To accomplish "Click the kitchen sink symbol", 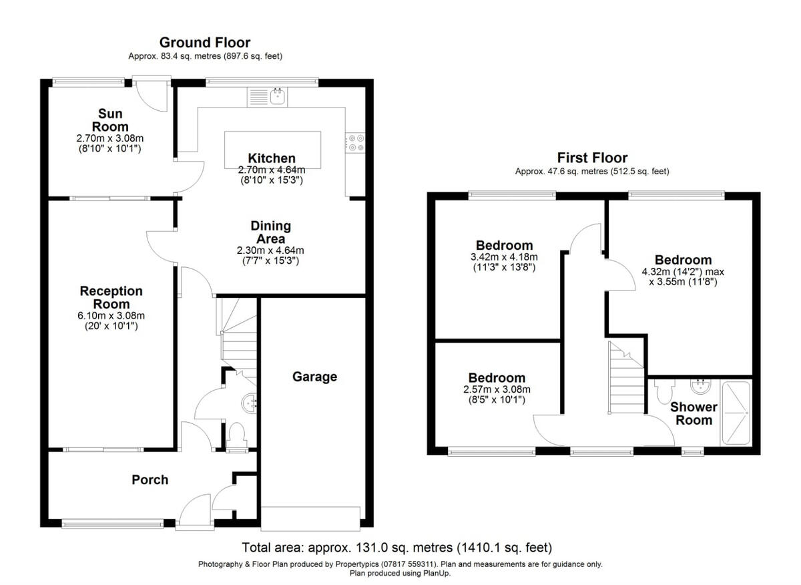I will (x=278, y=97).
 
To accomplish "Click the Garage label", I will (x=314, y=377).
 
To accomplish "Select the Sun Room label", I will (x=110, y=120).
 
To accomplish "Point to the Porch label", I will (x=150, y=479).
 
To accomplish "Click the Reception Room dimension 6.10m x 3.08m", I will (x=111, y=316).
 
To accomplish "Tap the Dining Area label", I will (x=270, y=232).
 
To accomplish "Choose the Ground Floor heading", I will (x=205, y=43).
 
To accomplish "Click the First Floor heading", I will (x=592, y=158).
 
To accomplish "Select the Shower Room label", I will (x=694, y=413).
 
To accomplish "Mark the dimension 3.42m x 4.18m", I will (x=504, y=257).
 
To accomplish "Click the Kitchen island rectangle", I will (x=272, y=150).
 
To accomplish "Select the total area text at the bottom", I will (x=396, y=548).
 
